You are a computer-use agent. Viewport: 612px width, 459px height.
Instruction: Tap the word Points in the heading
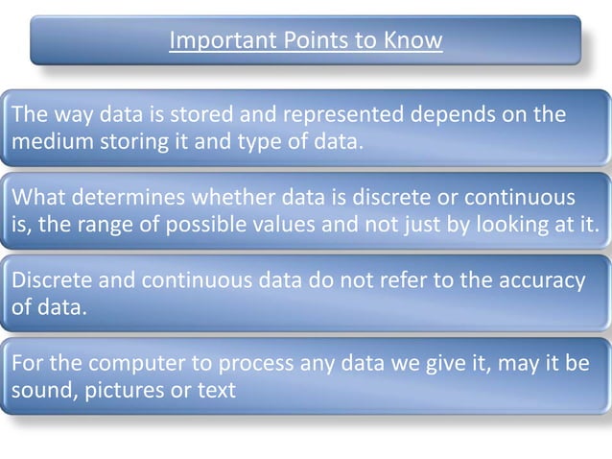point(298,41)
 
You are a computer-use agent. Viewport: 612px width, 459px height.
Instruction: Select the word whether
point(201,199)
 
